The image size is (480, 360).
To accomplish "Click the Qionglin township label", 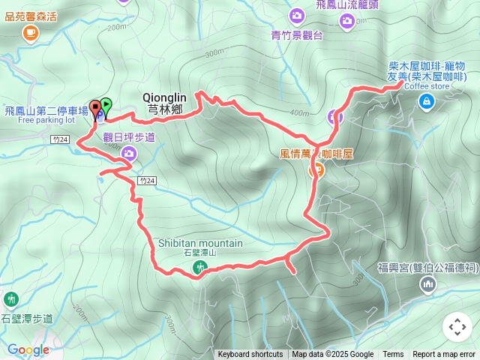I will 163,103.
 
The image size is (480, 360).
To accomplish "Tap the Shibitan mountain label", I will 200,243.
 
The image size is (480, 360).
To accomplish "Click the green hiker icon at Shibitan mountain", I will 199,266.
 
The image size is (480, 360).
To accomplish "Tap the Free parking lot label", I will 46,120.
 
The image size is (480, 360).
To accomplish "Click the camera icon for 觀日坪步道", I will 129,154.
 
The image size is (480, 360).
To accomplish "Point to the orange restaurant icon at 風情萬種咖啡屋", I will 317,170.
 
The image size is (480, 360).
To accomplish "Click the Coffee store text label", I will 427,86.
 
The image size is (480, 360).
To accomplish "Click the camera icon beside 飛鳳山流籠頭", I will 346,21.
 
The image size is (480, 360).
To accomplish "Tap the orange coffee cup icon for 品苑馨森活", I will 30,31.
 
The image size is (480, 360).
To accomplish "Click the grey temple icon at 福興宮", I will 427,283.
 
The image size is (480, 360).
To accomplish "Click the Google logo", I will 28,349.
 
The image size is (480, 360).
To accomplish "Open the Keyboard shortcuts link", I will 250,355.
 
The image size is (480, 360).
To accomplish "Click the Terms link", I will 393,355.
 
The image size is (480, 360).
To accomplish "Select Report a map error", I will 444,355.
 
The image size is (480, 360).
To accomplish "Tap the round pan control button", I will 457,327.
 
